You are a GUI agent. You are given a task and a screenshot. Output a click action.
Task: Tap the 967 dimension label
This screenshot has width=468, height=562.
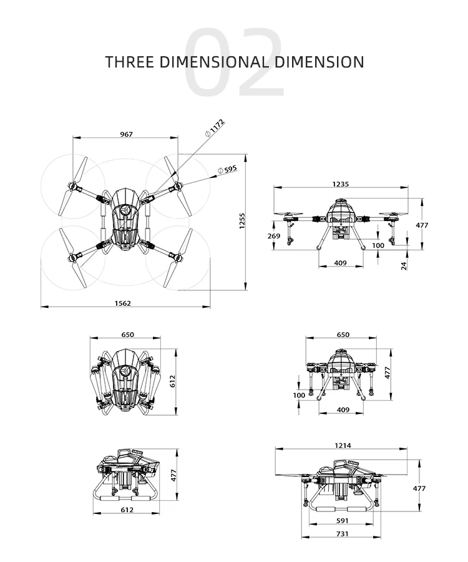125,134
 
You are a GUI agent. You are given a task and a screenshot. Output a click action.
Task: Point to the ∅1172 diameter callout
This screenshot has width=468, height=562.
215,127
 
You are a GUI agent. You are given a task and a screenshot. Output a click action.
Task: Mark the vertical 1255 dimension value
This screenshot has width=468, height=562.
243,221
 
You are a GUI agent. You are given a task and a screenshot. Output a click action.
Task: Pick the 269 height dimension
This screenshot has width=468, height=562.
273,235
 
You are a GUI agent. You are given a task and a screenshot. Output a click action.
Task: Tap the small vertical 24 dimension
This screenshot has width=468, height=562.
404,265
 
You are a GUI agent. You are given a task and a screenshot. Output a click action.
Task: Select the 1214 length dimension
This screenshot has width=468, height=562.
342,445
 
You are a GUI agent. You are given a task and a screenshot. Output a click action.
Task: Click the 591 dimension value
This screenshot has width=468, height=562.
342,520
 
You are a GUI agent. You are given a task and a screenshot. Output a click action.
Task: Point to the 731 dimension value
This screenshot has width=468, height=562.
342,534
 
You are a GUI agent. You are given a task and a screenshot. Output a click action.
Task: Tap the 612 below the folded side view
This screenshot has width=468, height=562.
127,510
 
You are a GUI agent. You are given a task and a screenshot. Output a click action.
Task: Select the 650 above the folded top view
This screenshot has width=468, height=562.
127,335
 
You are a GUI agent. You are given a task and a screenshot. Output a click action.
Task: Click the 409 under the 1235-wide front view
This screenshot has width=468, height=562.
340,263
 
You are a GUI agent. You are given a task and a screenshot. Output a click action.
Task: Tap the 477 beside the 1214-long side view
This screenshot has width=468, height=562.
421,488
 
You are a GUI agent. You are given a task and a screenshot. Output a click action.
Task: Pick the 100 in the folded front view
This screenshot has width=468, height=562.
299,395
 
